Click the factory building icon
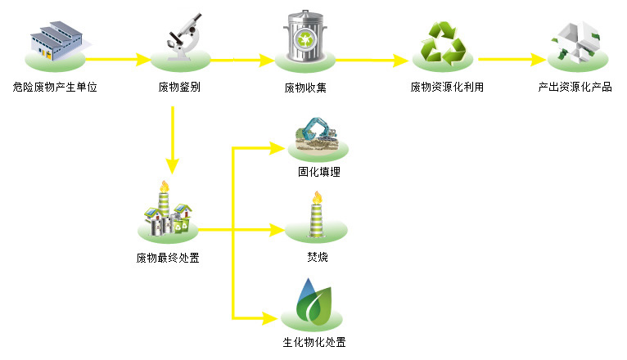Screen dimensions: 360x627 click(x=56, y=39)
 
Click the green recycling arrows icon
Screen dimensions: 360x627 click(x=443, y=43)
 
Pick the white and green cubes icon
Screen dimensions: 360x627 click(x=579, y=41)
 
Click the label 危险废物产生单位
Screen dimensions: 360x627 click(x=56, y=87)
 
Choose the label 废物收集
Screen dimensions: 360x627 click(x=305, y=87)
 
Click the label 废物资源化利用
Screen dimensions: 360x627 click(x=447, y=87)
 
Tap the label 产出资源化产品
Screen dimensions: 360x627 click(x=575, y=87)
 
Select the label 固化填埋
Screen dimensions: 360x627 click(x=318, y=173)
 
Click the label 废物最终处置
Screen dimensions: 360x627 click(x=168, y=259)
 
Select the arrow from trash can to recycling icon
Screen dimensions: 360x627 click(x=372, y=60)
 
